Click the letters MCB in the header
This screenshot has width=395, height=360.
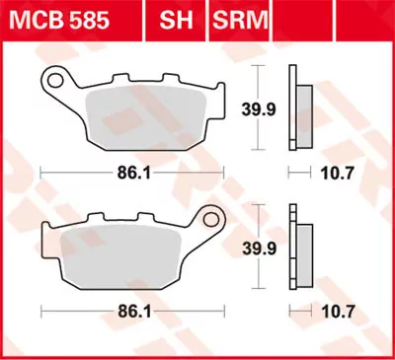(x=33, y=18)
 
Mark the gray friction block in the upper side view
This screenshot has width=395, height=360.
(x=304, y=108)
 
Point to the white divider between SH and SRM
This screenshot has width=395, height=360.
(x=204, y=18)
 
